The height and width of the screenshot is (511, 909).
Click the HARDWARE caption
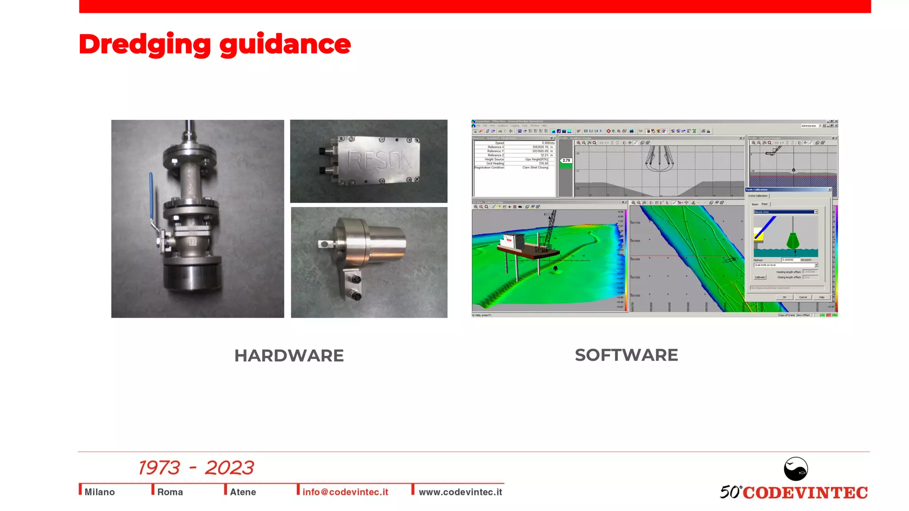(x=289, y=356)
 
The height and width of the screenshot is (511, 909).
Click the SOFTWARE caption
(x=626, y=355)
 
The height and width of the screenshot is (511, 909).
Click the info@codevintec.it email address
(x=345, y=492)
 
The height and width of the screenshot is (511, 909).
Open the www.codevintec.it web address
(x=460, y=492)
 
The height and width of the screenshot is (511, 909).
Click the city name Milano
(x=99, y=492)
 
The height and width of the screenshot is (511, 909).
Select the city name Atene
(x=243, y=492)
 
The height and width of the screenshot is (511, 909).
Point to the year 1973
(x=159, y=468)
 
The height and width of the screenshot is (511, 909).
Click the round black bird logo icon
(x=795, y=469)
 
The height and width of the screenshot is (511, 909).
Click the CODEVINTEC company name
(x=805, y=493)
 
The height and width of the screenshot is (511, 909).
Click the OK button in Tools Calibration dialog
(x=784, y=297)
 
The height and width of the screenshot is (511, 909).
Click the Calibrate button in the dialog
(x=759, y=277)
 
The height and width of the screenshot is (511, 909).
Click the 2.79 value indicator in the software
(x=566, y=161)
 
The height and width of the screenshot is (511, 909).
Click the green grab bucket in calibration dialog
(x=793, y=241)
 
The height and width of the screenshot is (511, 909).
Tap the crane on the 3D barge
(x=549, y=228)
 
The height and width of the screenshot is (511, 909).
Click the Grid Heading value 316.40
(x=543, y=163)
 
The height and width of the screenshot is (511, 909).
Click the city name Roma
(x=170, y=492)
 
